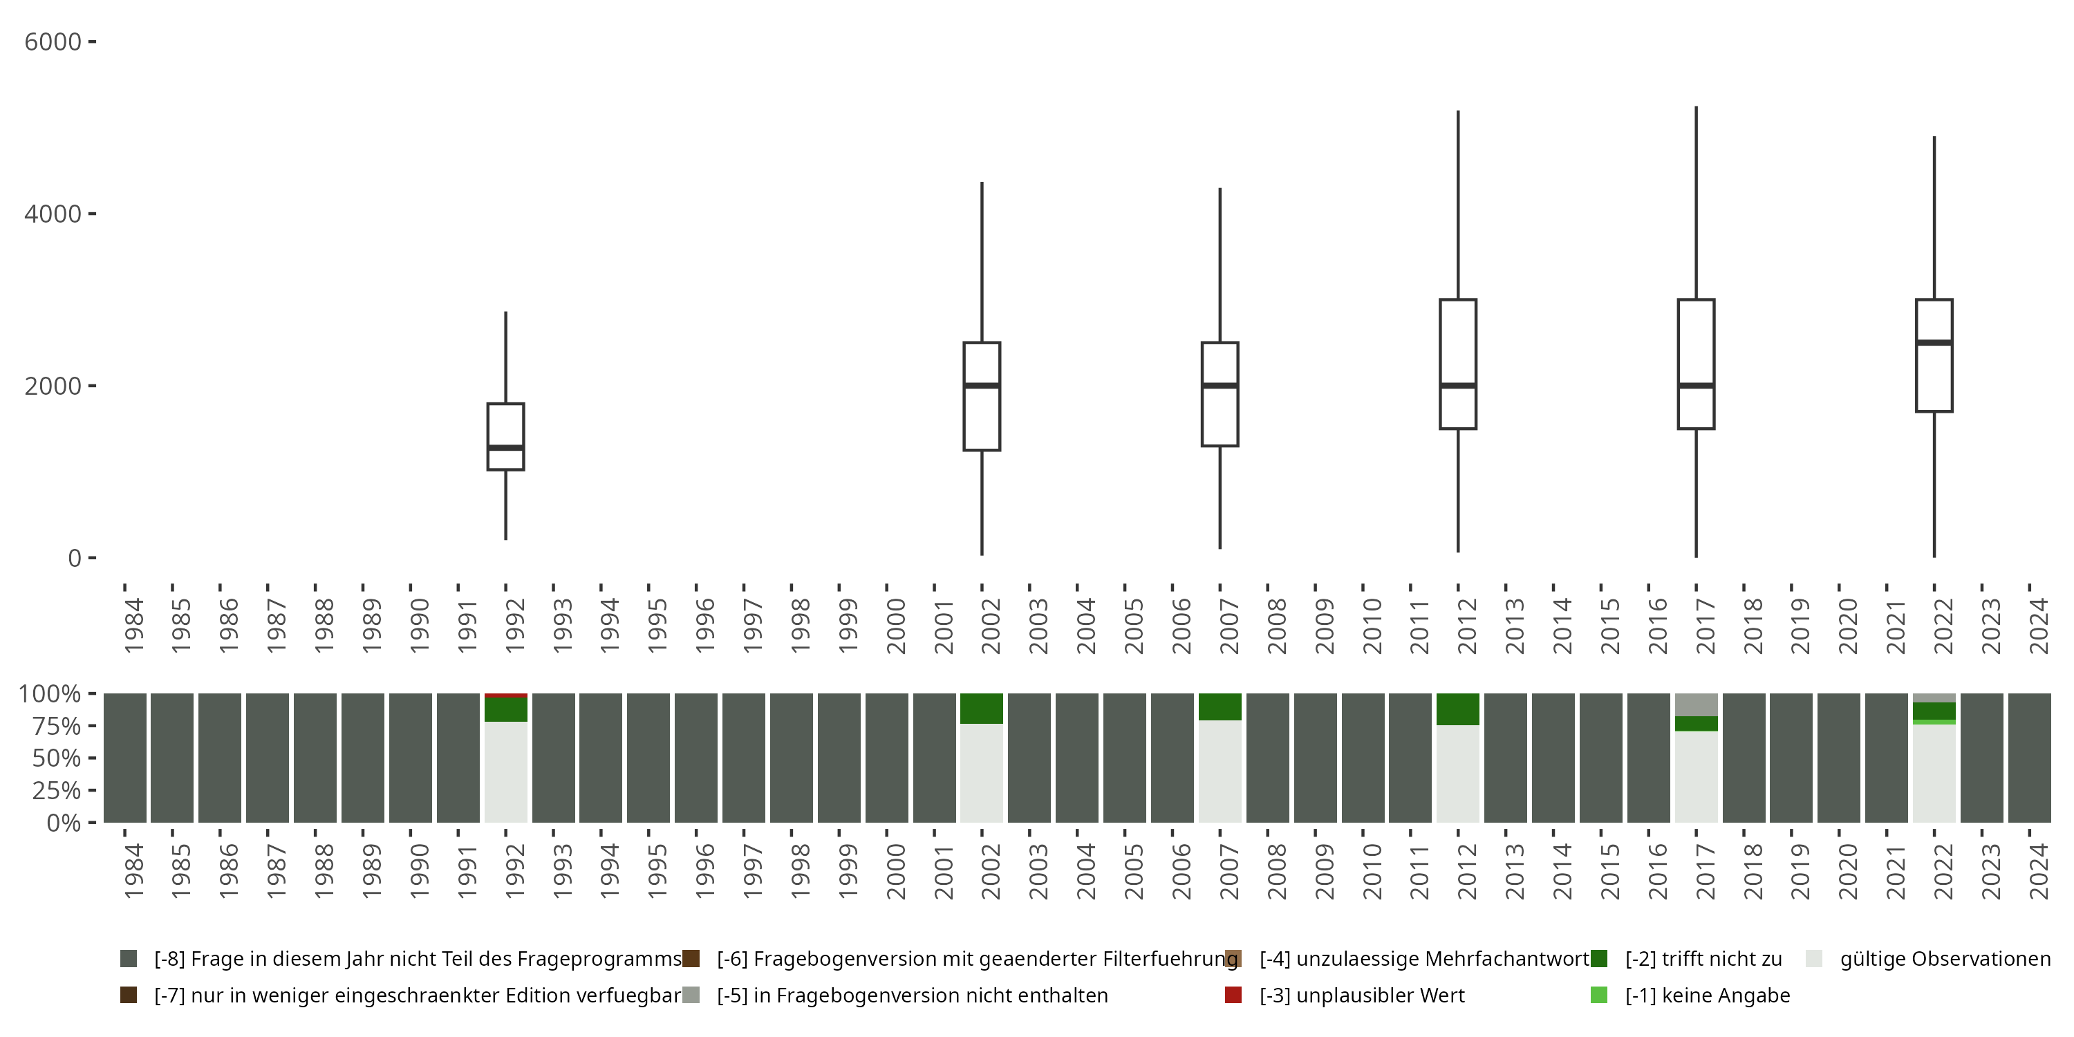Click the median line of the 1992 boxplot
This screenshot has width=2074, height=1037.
(505, 447)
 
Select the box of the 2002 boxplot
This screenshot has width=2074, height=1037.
(982, 419)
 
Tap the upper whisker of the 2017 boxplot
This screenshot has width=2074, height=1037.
(1697, 201)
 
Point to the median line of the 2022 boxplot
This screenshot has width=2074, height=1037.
(1934, 342)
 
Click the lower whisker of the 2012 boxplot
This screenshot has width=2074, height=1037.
(1458, 491)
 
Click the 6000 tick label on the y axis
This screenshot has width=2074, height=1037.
(53, 42)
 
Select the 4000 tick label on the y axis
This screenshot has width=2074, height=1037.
(53, 214)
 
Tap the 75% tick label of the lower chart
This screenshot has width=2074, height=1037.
(57, 726)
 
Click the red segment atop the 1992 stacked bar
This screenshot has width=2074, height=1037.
(505, 695)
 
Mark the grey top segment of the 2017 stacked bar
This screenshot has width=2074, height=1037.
(1697, 704)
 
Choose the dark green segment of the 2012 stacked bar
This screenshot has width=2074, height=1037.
(1458, 709)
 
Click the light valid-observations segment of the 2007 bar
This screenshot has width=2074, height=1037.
(1220, 771)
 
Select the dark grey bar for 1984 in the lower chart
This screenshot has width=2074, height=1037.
(125, 758)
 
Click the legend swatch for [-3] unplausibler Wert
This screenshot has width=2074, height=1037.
(1233, 995)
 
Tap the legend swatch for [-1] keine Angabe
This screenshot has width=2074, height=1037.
(1598, 995)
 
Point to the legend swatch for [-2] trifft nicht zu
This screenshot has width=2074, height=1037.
(1598, 959)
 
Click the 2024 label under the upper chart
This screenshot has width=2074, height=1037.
(2038, 626)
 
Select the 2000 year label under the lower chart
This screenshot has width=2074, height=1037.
(895, 871)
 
